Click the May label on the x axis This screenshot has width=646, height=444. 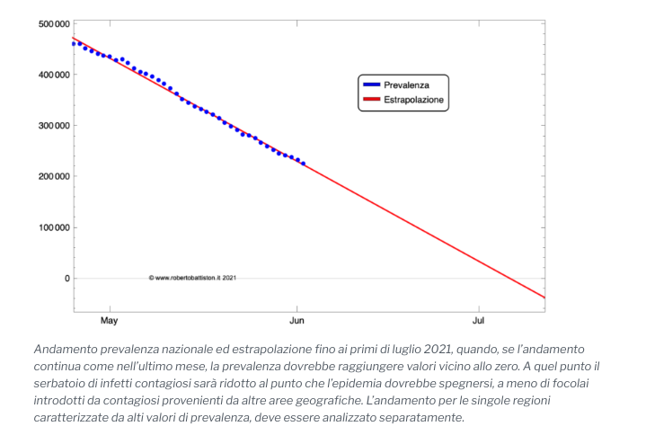coord(109,320)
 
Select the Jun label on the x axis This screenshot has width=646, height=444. coord(297,320)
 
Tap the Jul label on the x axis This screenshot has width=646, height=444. coord(479,320)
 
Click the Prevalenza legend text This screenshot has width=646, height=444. coord(407,84)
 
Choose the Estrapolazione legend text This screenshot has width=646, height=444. coord(414,100)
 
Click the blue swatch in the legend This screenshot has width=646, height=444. coord(371,84)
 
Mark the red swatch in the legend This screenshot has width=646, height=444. coord(371,100)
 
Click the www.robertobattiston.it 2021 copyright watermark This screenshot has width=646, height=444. coord(192,278)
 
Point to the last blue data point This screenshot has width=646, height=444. coord(303,164)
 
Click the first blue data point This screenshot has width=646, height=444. coord(74,43)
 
